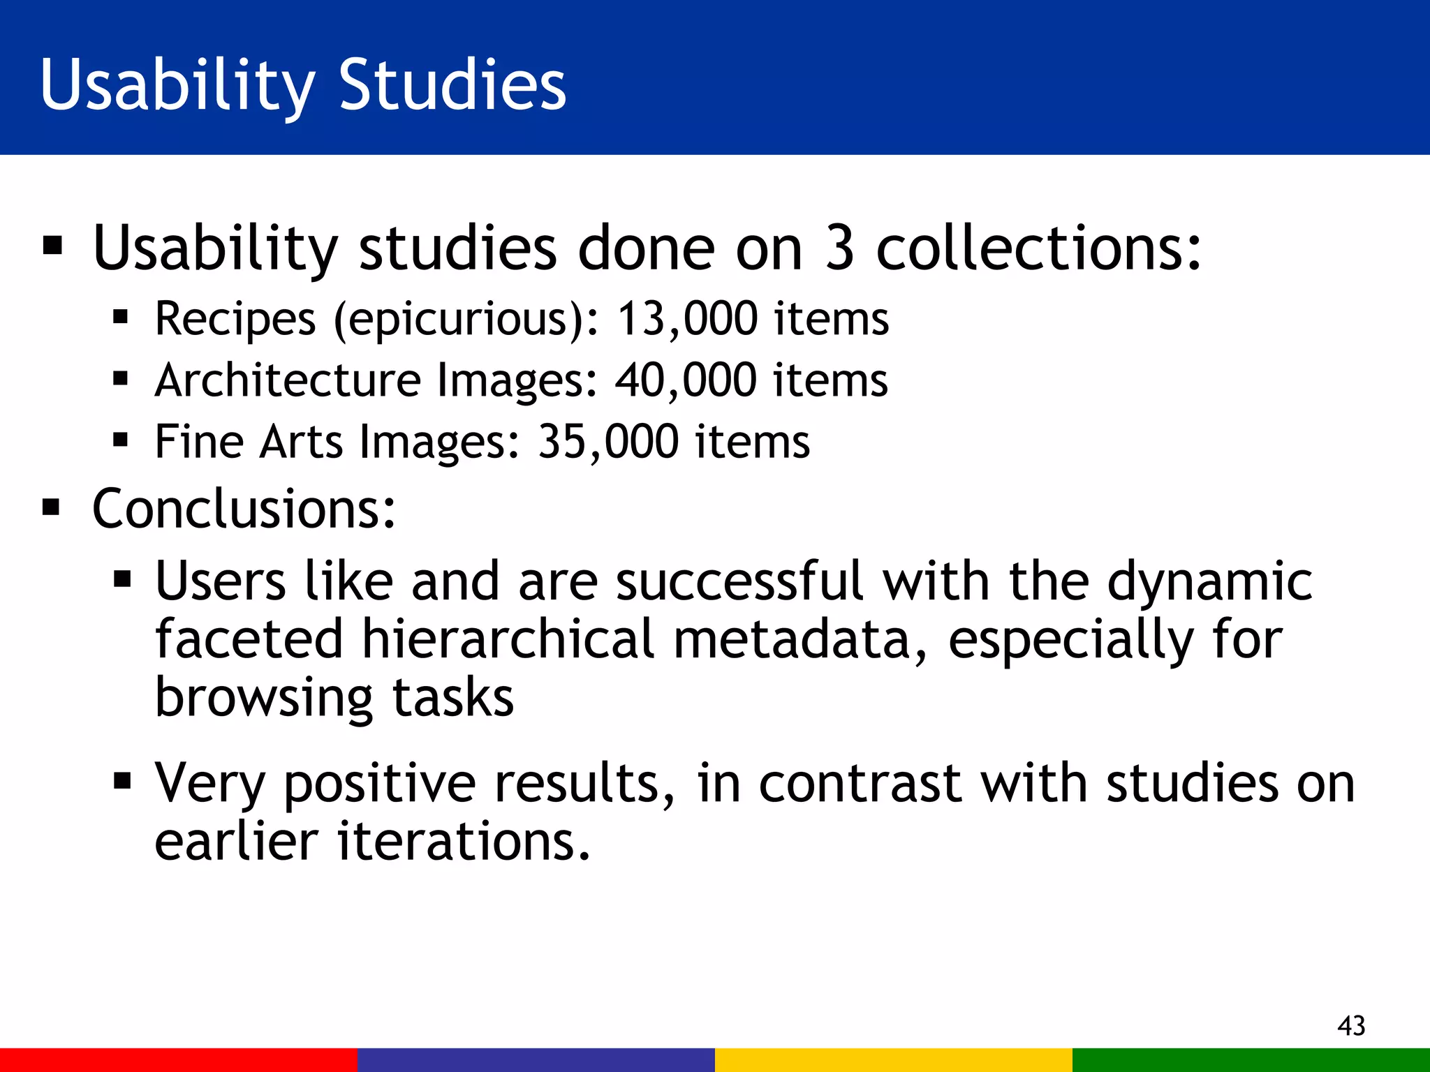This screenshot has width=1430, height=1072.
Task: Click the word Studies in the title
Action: pos(452,84)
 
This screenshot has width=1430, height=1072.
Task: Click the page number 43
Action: pos(1351,1025)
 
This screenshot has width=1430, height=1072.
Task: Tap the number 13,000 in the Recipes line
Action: pos(687,319)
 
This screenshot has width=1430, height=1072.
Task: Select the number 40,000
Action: pos(686,380)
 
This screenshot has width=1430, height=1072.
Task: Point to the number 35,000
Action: pos(607,442)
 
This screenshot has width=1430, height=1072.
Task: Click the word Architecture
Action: pos(288,380)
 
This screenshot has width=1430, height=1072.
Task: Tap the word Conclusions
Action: pos(243,509)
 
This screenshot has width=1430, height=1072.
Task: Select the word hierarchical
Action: pos(508,639)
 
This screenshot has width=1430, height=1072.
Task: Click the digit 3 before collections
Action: pos(839,248)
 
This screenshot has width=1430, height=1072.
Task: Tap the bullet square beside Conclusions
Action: pos(52,507)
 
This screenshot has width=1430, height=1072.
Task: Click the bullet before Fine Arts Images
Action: pos(121,440)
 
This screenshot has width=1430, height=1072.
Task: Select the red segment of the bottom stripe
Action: pos(179,1059)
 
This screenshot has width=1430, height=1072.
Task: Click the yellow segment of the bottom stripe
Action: pos(894,1059)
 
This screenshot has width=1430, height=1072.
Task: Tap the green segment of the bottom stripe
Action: pos(1251,1059)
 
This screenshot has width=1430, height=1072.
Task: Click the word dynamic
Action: pos(1209,581)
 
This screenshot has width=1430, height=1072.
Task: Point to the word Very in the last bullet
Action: pos(209,783)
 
